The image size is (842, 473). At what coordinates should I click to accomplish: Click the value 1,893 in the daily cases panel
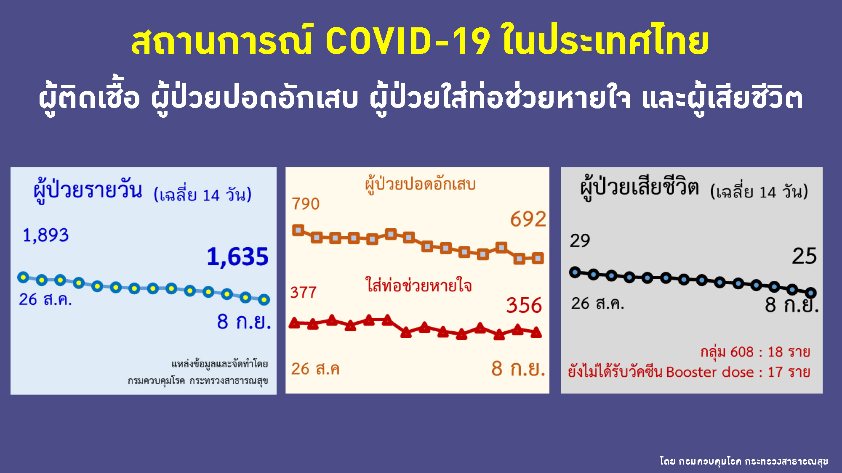coord(45,235)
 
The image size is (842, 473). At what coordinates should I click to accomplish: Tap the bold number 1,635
coord(237,256)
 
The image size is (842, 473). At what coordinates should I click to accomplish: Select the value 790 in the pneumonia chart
coord(306,204)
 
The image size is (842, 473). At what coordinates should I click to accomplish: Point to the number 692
coord(528,219)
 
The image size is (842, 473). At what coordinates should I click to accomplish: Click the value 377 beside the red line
coord(303,292)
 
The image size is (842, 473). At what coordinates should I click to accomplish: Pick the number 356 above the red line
coord(524,305)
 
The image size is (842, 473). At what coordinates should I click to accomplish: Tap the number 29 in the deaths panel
coord(580,240)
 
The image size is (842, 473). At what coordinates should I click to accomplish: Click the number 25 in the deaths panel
coord(804,256)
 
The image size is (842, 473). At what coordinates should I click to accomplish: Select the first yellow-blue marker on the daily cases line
coord(23,277)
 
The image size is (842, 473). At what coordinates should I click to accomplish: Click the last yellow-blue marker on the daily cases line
coord(264,299)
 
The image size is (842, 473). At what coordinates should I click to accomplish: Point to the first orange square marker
coord(298,230)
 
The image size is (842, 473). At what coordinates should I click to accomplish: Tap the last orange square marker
coord(538,258)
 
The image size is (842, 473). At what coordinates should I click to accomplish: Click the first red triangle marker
coord(294,323)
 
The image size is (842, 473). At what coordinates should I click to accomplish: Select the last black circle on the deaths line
coord(810,292)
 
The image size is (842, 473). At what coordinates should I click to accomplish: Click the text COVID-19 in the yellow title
coord(408,41)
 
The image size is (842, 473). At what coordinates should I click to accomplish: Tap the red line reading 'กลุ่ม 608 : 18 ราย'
coord(755,352)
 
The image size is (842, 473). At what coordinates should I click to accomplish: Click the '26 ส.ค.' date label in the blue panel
coord(45,299)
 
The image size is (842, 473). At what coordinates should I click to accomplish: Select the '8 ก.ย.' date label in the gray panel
coord(791,305)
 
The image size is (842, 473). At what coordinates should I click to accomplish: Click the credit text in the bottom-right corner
coord(743,461)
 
